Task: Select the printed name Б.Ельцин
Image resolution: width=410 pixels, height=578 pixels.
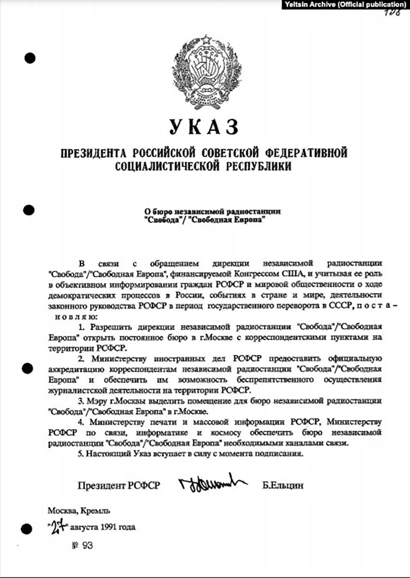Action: click(283, 485)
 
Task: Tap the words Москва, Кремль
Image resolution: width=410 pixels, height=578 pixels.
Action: click(79, 511)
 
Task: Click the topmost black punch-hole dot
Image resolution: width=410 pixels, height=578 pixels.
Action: click(30, 58)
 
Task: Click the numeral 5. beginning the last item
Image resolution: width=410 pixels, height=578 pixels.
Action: click(80, 454)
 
